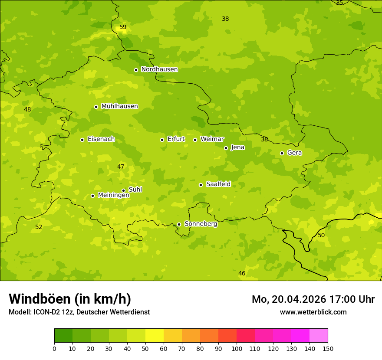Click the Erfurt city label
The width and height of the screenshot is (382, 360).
(176, 139)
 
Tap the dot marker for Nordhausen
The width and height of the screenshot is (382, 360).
(136, 70)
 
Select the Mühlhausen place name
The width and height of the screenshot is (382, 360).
(119, 106)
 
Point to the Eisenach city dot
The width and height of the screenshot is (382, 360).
(82, 140)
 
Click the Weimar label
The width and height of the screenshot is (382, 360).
(212, 139)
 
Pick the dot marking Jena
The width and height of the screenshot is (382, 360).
(226, 148)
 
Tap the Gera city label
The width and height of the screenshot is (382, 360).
(294, 153)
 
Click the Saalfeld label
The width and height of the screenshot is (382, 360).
(218, 184)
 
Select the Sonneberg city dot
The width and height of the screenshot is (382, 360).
(179, 224)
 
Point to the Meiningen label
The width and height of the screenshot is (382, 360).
(113, 195)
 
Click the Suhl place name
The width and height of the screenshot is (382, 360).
(135, 190)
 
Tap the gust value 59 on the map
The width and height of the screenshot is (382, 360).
(123, 27)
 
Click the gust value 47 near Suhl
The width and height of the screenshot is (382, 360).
(121, 167)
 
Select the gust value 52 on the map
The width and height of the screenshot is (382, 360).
(39, 227)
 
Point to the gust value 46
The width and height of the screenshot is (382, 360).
(242, 274)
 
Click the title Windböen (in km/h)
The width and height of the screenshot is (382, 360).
(70, 299)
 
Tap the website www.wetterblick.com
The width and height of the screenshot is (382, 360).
(313, 312)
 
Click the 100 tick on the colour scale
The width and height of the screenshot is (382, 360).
(237, 348)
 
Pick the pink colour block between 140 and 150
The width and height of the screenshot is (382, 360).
(319, 336)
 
